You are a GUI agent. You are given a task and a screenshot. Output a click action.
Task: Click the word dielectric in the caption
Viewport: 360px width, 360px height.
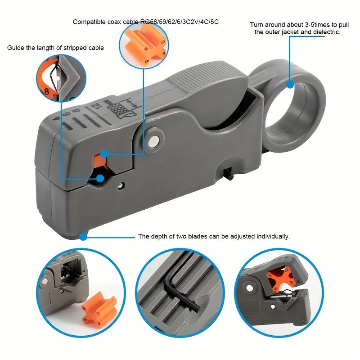click(325, 32)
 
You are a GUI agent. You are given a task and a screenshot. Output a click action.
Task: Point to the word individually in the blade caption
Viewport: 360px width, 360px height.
click(272, 236)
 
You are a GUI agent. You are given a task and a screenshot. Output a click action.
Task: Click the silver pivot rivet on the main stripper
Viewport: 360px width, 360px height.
click(154, 140)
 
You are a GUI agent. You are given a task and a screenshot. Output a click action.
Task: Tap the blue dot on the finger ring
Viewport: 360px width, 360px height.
click(290, 84)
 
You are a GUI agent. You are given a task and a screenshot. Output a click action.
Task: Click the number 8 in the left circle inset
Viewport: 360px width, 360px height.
click(46, 91)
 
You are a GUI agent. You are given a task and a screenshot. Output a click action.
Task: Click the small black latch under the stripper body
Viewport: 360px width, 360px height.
click(229, 174)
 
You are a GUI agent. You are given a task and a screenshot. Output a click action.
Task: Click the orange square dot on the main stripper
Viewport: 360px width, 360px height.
click(103, 154)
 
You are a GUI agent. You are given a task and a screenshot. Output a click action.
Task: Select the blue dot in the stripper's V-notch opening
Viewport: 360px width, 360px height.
click(100, 178)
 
